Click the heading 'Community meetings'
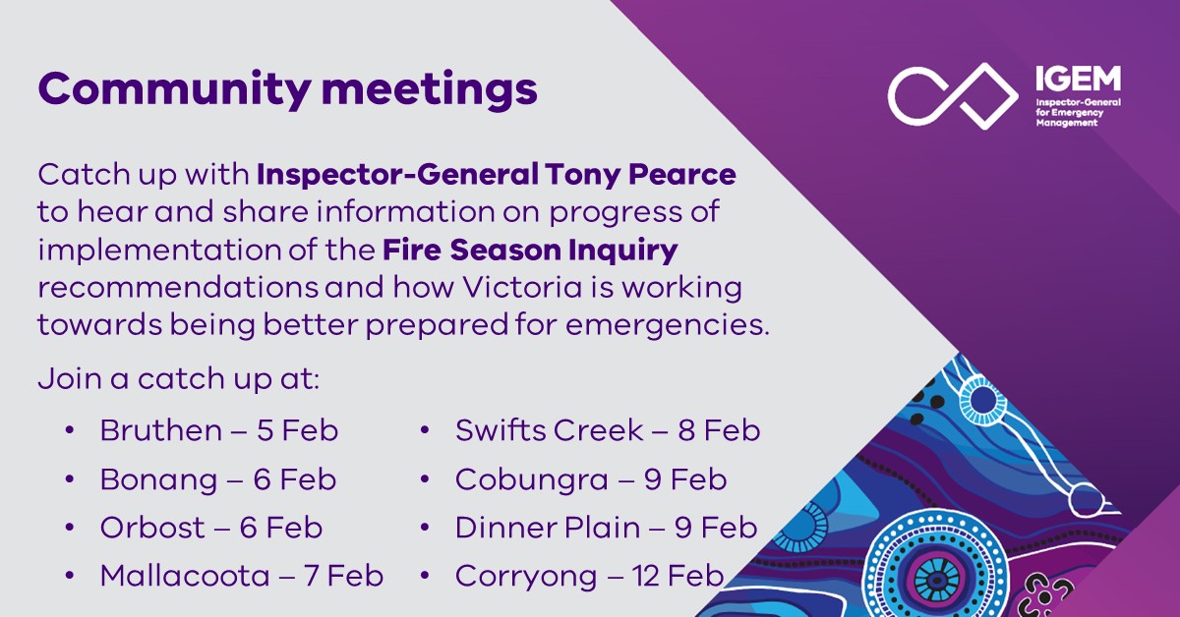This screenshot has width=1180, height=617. click(x=287, y=89)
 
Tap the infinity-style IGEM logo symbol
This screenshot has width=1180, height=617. click(x=952, y=94)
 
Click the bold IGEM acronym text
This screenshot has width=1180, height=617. click(x=1076, y=80)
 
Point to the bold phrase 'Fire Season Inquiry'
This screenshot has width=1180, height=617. click(x=530, y=250)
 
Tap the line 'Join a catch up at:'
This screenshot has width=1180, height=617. click(x=178, y=379)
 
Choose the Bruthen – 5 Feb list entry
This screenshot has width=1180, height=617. click(x=218, y=430)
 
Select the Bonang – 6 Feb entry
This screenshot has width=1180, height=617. click(x=217, y=479)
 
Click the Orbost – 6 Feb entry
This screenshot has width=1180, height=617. click(x=210, y=528)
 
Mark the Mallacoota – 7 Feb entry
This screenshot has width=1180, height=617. click(x=241, y=576)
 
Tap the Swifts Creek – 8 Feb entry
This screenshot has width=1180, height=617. click(x=607, y=430)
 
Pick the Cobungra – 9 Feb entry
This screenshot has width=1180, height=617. click(x=590, y=479)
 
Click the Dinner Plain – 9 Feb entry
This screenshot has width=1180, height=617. click(x=606, y=528)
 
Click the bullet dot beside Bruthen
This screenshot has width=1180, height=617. click(x=70, y=430)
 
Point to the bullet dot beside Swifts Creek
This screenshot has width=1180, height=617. click(x=425, y=430)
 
